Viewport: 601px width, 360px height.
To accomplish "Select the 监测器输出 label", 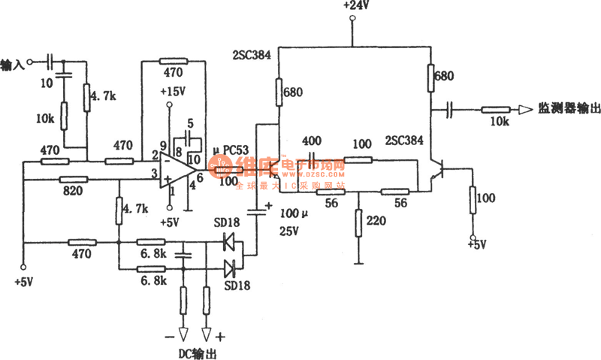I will [x=569, y=108].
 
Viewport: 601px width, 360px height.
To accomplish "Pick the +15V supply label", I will [x=173, y=92].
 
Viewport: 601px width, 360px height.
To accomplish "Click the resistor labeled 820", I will [x=74, y=180].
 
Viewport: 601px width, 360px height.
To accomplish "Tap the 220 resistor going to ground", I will [x=358, y=223].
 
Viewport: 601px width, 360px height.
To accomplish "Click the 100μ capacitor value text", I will [x=294, y=213].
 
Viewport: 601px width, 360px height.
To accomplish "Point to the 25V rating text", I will [x=289, y=231].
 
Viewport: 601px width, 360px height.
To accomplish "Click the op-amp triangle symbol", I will [x=177, y=170].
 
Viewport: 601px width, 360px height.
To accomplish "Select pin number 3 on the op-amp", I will [x=154, y=175].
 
